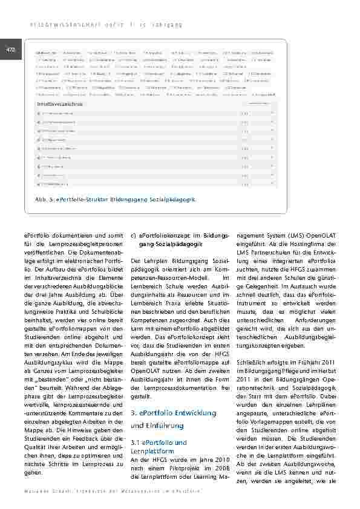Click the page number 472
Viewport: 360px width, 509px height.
[10, 49]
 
